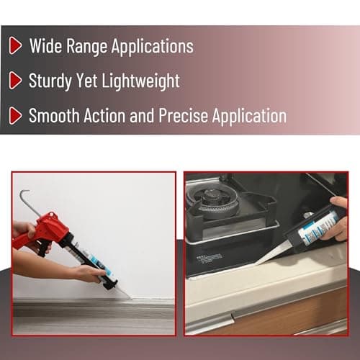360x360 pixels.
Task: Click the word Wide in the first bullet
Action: point(45,46)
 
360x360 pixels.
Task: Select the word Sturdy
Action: point(50,81)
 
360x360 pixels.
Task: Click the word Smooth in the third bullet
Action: point(55,115)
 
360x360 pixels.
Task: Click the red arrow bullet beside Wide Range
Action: point(14,46)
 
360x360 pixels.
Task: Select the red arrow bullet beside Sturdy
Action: point(14,81)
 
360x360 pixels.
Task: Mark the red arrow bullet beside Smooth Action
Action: point(14,115)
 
